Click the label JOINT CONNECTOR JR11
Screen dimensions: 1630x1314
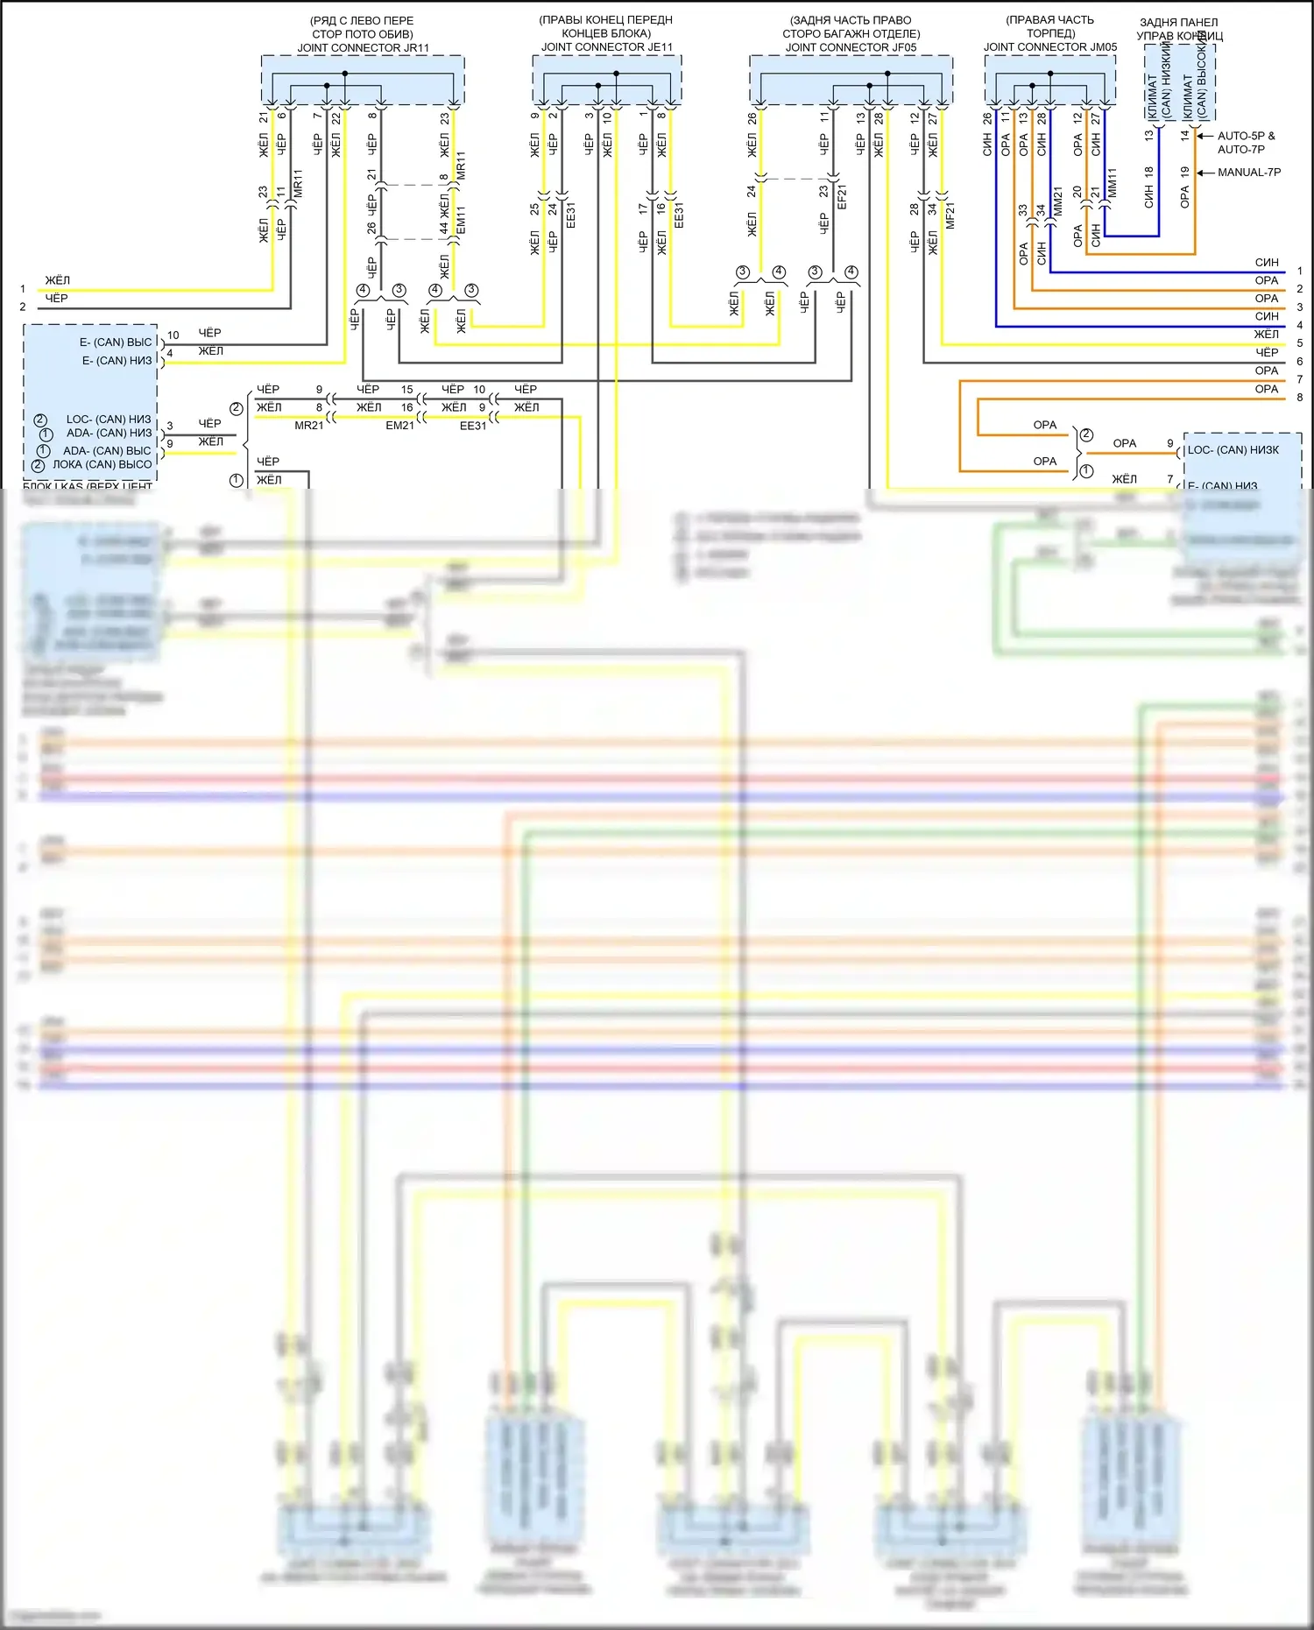point(363,48)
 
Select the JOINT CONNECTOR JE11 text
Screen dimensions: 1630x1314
point(606,47)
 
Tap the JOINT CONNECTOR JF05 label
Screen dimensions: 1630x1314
point(851,47)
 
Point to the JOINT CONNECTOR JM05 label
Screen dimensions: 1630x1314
point(1049,47)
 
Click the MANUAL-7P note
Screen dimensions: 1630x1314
point(1248,173)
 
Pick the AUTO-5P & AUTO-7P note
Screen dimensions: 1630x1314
point(1245,142)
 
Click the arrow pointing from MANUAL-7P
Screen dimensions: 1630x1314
point(1204,173)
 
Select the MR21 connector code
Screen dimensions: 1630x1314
point(308,426)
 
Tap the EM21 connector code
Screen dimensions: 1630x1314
point(399,426)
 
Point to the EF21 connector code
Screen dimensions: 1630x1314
point(843,196)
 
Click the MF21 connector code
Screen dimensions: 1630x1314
point(950,215)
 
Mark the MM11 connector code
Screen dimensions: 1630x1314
point(1113,183)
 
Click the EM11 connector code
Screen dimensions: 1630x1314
point(461,220)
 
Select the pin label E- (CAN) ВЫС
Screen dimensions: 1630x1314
point(116,342)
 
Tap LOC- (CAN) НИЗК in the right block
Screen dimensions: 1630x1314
point(1233,450)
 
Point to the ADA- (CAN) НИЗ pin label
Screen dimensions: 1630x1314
point(109,433)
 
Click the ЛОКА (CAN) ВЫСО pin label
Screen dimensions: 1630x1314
point(102,464)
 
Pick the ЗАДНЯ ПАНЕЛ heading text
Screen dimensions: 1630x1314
point(1178,23)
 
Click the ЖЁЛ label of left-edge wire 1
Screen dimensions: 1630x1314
point(58,280)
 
